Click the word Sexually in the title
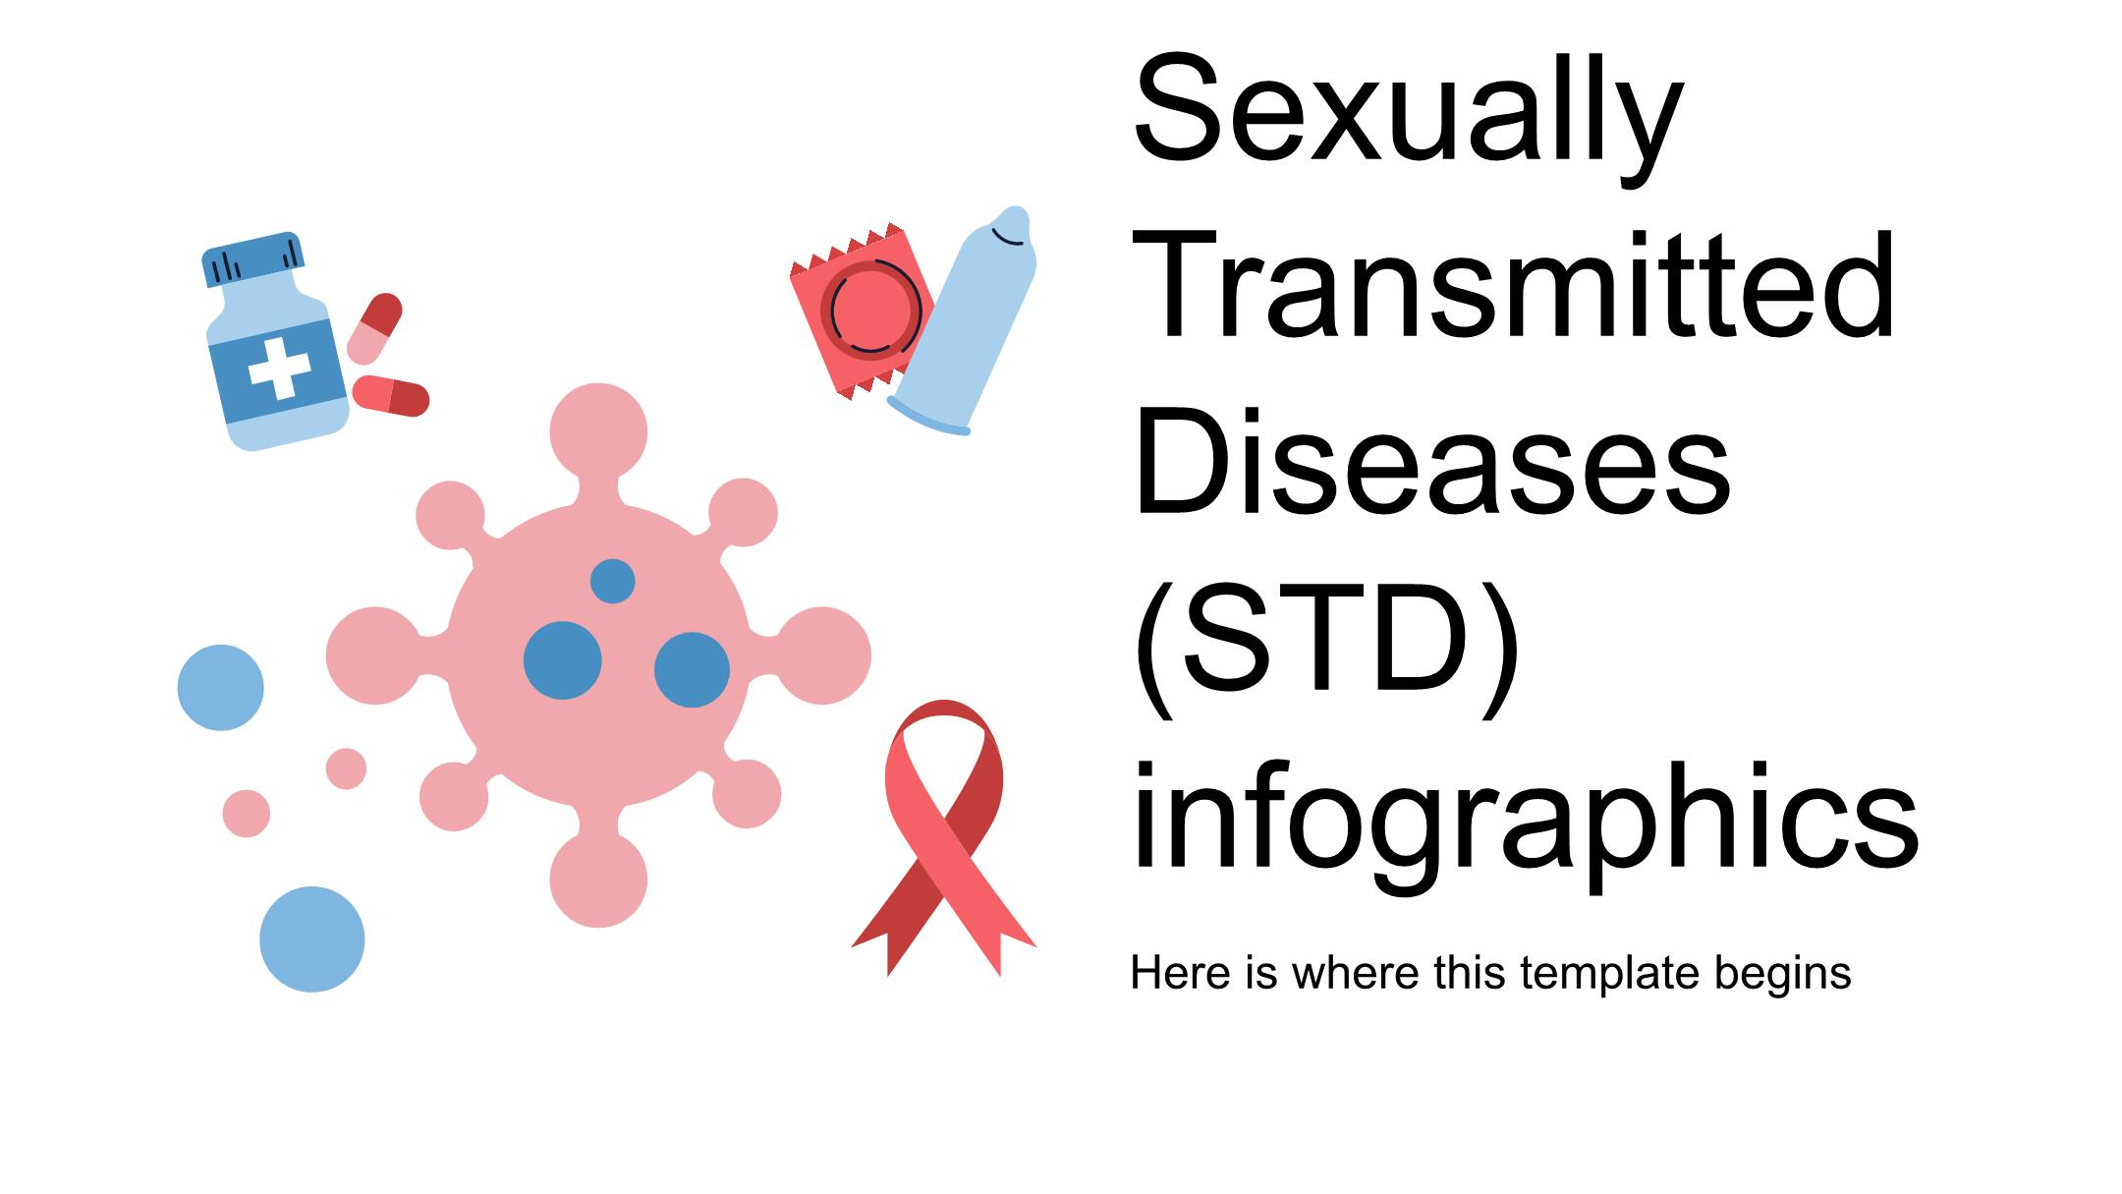click(1408, 112)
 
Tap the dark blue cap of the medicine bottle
click(252, 259)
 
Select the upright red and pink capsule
click(374, 329)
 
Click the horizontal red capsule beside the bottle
click(391, 395)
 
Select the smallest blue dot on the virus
click(612, 582)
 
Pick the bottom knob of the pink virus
click(598, 879)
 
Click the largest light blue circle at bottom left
click(312, 939)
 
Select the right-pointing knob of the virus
click(822, 655)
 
